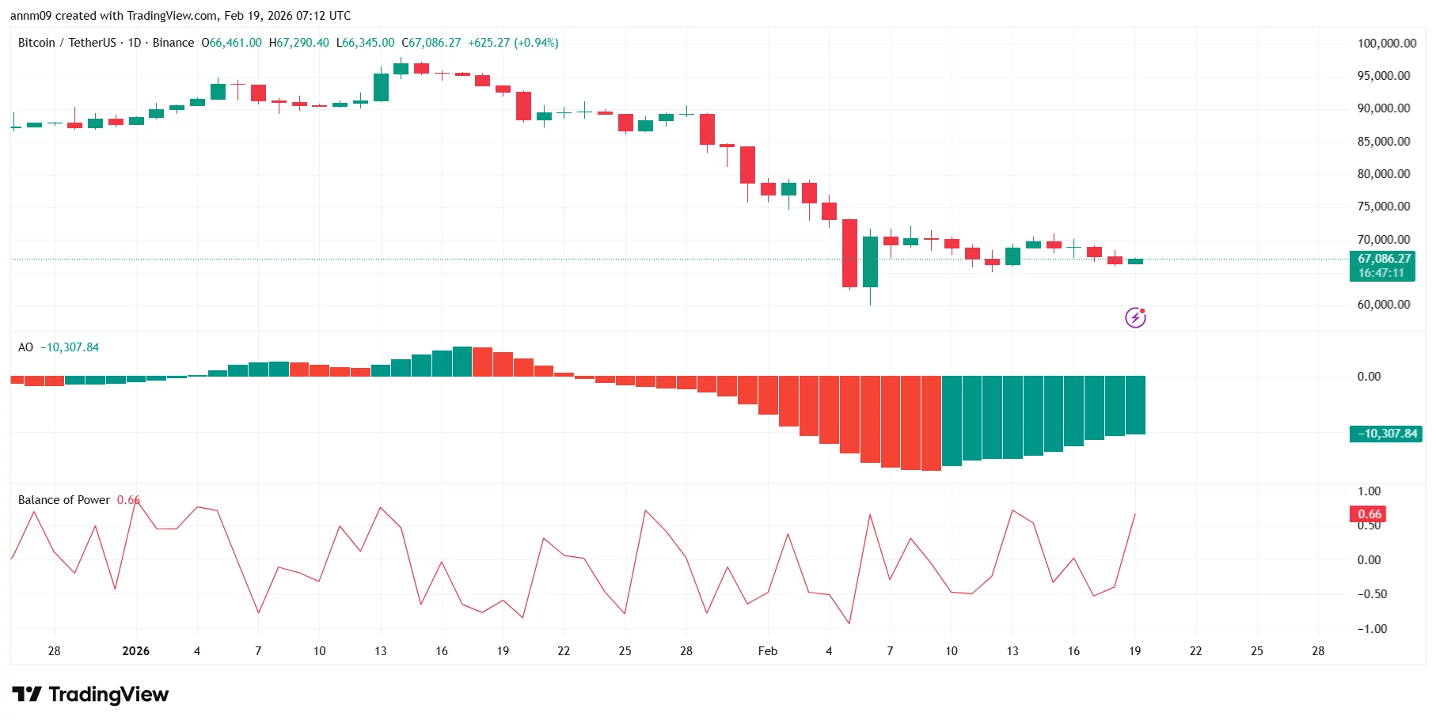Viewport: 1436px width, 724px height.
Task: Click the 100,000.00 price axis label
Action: click(1386, 44)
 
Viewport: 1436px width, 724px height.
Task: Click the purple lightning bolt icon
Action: click(1135, 318)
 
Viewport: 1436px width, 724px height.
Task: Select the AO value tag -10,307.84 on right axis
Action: click(1386, 434)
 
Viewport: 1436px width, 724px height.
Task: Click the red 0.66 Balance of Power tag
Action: click(1369, 514)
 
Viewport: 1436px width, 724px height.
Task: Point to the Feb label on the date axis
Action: click(767, 651)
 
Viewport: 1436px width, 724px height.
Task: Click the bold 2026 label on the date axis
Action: click(135, 651)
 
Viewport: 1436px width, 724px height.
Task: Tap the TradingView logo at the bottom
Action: click(90, 695)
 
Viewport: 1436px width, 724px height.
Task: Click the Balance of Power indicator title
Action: click(64, 500)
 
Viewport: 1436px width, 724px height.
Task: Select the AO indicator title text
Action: click(26, 347)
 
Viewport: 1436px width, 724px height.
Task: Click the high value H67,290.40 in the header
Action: click(298, 43)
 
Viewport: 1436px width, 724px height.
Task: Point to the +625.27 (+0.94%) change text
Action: click(513, 43)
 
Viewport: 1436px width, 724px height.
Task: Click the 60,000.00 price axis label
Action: click(1383, 305)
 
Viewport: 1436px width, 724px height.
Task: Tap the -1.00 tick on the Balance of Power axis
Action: click(1371, 629)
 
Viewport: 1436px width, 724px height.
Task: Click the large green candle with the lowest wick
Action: click(870, 261)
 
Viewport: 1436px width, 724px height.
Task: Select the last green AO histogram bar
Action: click(1135, 405)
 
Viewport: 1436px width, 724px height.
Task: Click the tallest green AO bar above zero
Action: click(462, 362)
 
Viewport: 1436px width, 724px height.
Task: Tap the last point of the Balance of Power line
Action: click(1135, 514)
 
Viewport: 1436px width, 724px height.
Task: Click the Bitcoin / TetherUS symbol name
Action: click(66, 43)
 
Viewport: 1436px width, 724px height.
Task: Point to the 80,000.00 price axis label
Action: click(1383, 174)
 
